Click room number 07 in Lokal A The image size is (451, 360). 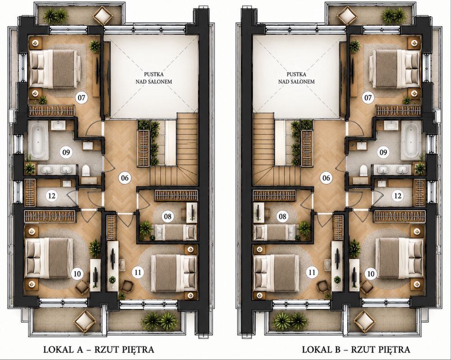click(82, 98)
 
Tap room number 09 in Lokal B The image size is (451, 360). click(383, 152)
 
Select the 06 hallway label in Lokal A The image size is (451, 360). click(124, 178)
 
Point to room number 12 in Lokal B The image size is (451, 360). click(398, 196)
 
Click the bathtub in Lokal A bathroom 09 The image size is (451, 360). click(39, 140)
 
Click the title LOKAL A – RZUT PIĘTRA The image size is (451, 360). click(99, 350)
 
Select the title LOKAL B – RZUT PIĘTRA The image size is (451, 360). click(356, 350)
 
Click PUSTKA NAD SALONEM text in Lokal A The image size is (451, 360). click(154, 78)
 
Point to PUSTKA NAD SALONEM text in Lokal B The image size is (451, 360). click(296, 78)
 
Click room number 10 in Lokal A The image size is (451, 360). click(77, 273)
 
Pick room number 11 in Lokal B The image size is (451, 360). click(312, 272)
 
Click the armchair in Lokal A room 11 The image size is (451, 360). click(128, 286)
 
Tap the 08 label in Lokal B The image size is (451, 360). click(283, 216)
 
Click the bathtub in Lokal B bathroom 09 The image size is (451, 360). click(411, 140)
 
